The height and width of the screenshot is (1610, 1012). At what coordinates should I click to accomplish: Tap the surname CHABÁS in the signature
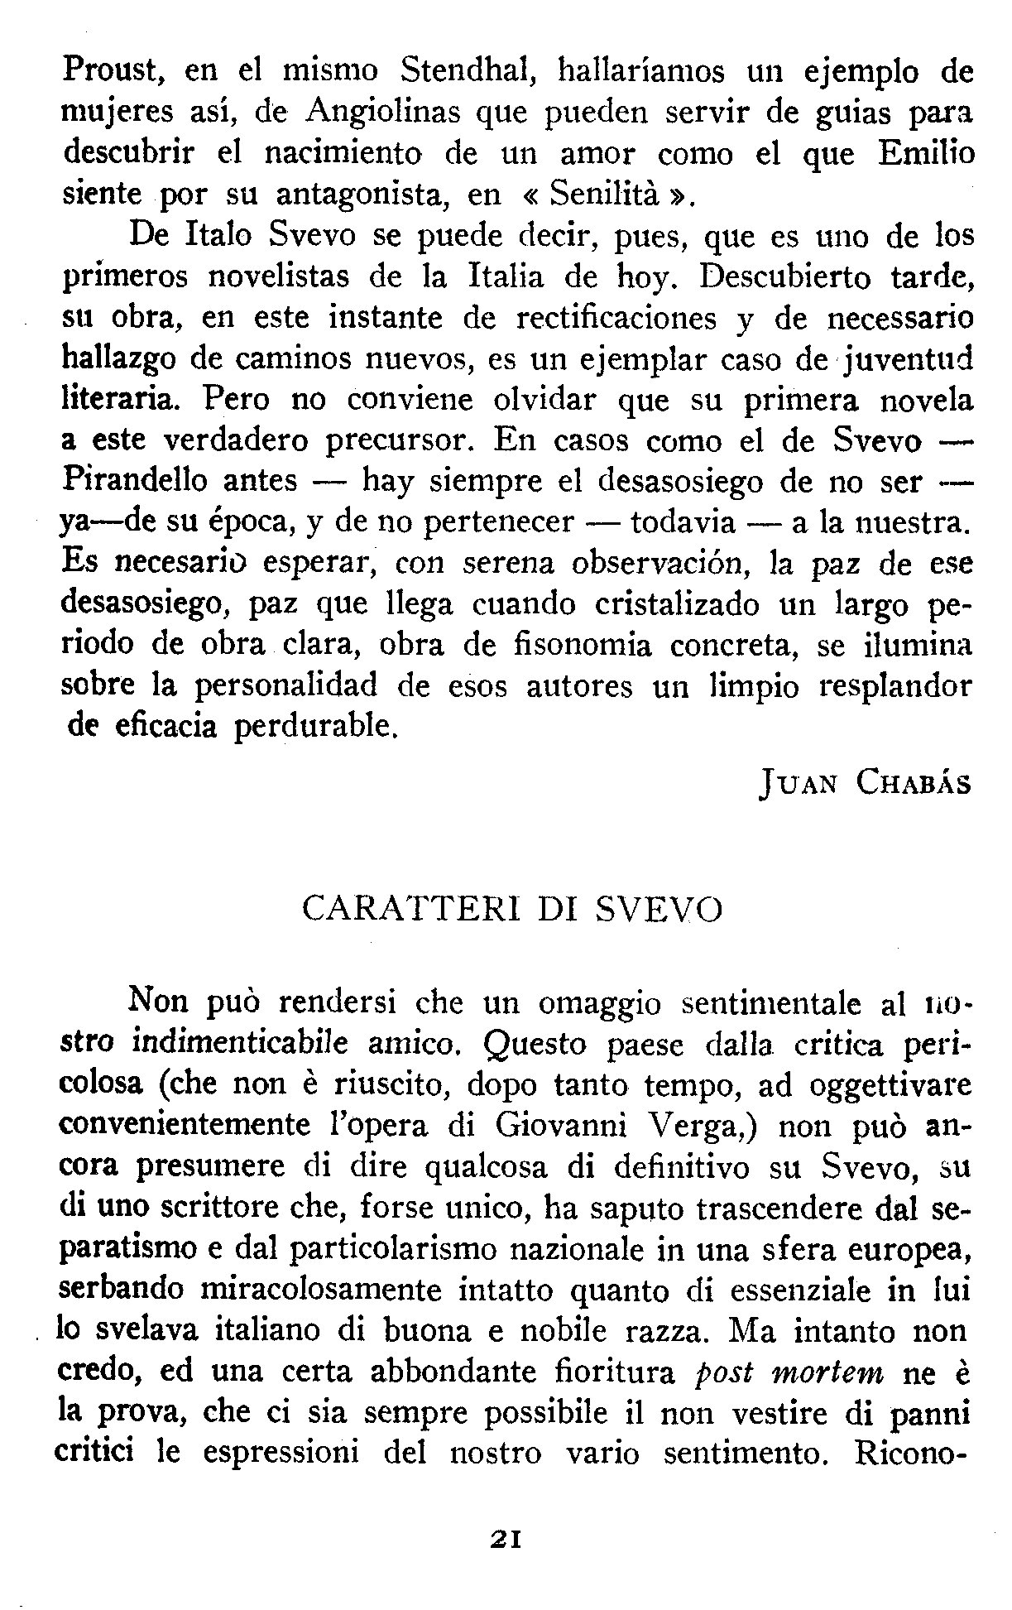(x=914, y=782)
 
